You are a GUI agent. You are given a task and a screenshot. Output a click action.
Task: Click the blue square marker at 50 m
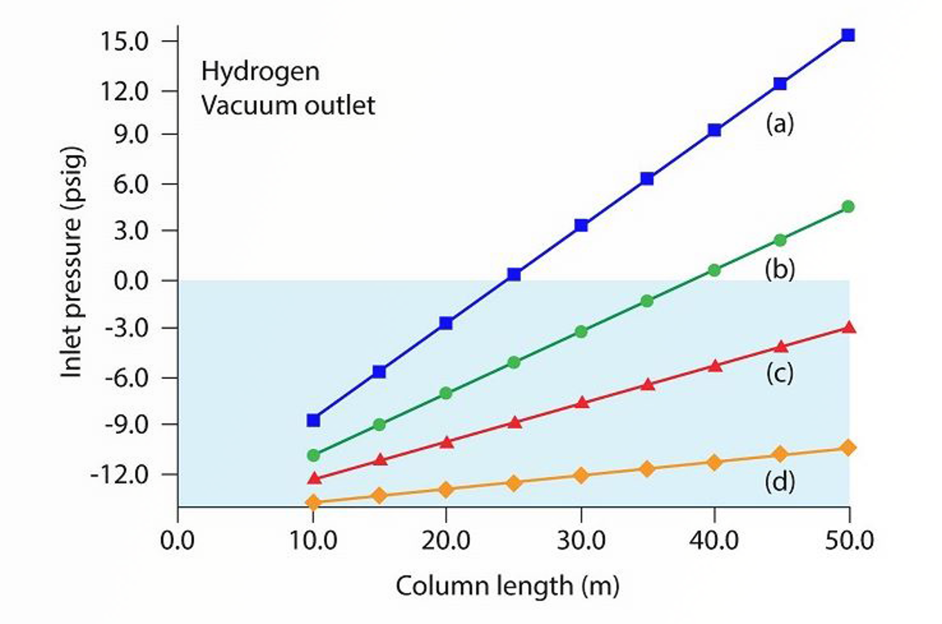point(848,35)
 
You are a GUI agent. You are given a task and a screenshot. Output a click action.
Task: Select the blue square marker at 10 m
point(313,420)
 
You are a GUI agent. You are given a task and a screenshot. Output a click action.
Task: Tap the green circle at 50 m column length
point(848,207)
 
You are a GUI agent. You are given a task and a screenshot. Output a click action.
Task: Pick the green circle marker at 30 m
point(581,332)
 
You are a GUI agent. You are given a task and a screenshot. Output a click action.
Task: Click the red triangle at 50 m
point(848,328)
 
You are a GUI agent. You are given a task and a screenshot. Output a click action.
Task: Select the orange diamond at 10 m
point(313,502)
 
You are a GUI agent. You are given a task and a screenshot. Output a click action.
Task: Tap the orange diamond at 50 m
point(848,448)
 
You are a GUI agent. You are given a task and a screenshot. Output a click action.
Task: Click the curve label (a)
point(780,124)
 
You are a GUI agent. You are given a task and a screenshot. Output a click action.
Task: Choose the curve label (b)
point(780,270)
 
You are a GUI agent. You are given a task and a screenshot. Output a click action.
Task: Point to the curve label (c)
point(780,373)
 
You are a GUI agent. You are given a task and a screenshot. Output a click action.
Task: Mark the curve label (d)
point(780,482)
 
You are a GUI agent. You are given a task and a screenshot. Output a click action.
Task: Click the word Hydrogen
point(260,72)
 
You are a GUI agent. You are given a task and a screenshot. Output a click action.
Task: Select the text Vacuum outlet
point(288,106)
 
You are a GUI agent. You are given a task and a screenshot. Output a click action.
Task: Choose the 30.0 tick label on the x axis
point(581,540)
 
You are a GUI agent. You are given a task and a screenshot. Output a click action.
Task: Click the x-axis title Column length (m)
point(508,586)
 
